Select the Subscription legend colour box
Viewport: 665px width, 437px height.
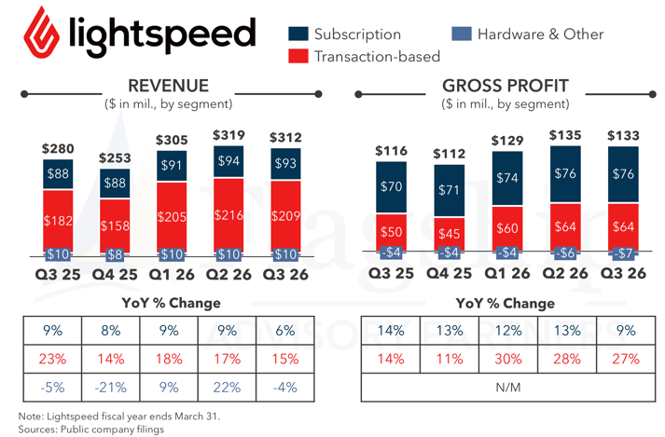point(298,34)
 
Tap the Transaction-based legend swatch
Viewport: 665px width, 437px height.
point(298,57)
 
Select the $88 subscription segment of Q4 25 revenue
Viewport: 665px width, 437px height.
point(116,183)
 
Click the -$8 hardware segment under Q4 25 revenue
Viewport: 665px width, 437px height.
point(116,253)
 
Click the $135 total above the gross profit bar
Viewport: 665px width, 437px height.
point(564,135)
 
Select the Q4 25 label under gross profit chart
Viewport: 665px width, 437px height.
point(448,275)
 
